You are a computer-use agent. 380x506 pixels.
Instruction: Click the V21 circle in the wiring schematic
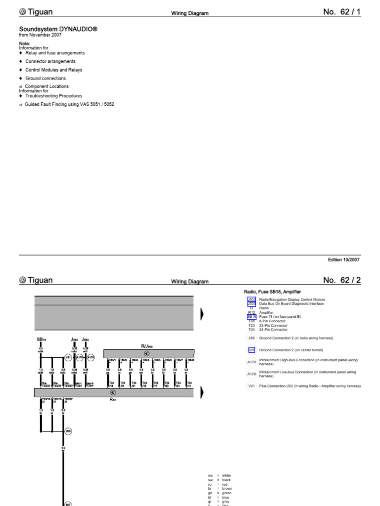[x=68, y=358]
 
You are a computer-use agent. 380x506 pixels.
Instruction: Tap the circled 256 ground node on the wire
[x=68, y=431]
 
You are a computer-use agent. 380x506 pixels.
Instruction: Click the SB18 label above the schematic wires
[x=41, y=339]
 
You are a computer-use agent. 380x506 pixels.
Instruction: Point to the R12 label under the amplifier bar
[x=112, y=400]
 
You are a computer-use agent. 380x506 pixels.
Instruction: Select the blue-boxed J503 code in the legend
[x=251, y=299]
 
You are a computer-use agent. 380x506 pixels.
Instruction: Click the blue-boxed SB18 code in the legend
[x=251, y=316]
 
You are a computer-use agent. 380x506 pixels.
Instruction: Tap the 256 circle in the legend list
[x=251, y=338]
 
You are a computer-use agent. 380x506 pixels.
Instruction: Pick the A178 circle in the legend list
[x=251, y=362]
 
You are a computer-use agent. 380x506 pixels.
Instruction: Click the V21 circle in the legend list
[x=251, y=385]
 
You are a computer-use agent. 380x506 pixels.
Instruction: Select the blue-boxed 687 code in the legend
[x=251, y=350]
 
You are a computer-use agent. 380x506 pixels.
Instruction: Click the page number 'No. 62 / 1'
[x=342, y=12]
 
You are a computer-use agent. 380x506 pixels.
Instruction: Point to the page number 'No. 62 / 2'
[x=342, y=280]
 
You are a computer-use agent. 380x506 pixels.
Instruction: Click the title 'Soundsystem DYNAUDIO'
[x=58, y=29]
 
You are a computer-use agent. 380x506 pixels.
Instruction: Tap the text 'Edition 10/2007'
[x=343, y=259]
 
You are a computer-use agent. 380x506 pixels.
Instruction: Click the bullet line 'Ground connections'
[x=46, y=78]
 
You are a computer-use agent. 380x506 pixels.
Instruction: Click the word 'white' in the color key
[x=227, y=475]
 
